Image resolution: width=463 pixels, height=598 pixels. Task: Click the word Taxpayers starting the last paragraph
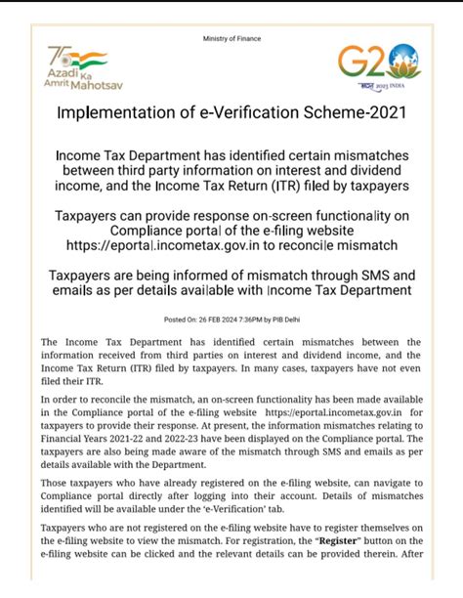point(67,528)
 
